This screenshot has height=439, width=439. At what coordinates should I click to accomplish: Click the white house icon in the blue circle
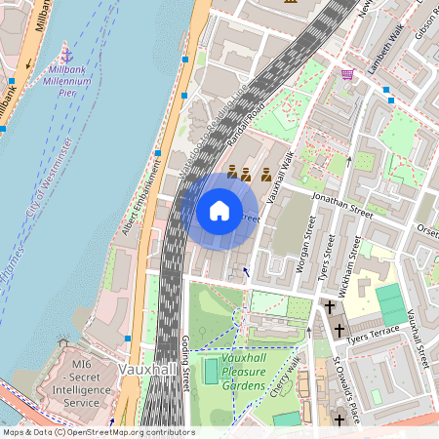pyautogui.click(x=219, y=211)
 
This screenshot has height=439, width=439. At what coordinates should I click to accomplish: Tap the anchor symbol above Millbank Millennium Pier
pyautogui.click(x=66, y=51)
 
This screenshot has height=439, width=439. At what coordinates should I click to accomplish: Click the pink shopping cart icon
pyautogui.click(x=347, y=74)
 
